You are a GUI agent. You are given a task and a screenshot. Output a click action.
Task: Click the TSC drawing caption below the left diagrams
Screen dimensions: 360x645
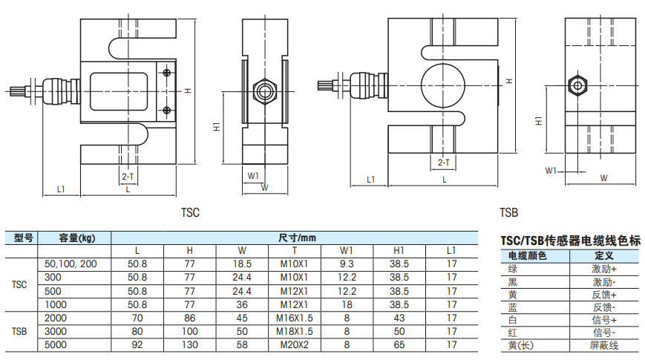coord(191,212)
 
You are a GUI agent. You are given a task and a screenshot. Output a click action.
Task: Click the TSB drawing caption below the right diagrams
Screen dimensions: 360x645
coord(508,213)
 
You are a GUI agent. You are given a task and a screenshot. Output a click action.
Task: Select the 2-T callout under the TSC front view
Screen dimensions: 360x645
coord(128,176)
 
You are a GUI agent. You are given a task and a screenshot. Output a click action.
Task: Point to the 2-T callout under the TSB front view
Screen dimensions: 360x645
coord(444,161)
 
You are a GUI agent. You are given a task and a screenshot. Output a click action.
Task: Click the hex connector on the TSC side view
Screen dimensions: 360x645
coord(263,90)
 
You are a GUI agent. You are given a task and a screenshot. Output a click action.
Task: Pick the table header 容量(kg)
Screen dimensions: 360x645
coord(76,238)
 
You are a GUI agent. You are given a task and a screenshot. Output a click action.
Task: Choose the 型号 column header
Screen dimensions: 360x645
coord(24,238)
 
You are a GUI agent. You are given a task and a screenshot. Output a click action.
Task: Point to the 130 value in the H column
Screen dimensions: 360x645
coord(189,344)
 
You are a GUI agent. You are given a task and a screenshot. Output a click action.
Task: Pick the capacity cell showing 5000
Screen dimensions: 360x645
coord(57,344)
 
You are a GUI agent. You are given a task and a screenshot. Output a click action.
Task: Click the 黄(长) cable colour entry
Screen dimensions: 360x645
coord(521,346)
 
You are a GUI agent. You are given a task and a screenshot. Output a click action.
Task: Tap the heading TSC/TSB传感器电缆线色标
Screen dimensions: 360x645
coord(570,241)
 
